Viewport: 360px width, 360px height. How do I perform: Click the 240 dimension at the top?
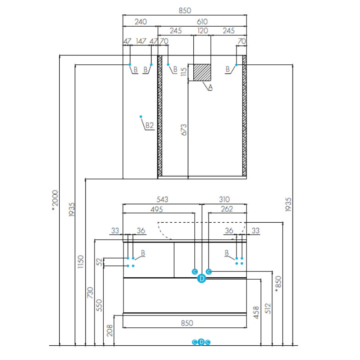pyautogui.click(x=140, y=21)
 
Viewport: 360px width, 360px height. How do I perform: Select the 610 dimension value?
pyautogui.click(x=202, y=21)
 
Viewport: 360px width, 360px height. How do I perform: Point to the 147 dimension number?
pyautogui.click(x=141, y=41)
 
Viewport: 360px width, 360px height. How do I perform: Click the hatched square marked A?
pyautogui.click(x=202, y=72)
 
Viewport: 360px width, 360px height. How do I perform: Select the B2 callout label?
pyautogui.click(x=149, y=124)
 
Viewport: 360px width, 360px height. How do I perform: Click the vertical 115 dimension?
pyautogui.click(x=184, y=72)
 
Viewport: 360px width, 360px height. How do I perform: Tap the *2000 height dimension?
pyautogui.click(x=55, y=201)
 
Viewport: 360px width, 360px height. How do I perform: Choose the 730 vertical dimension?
pyautogui.click(x=90, y=292)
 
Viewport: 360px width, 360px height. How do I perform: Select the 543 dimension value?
pyautogui.click(x=163, y=199)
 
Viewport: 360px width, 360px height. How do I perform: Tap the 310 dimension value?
pyautogui.click(x=224, y=199)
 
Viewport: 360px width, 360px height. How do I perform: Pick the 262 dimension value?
pyautogui.click(x=227, y=209)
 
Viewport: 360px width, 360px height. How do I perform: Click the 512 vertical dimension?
pyautogui.click(x=268, y=309)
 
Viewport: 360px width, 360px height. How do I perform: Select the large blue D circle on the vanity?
pyautogui.click(x=201, y=278)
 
